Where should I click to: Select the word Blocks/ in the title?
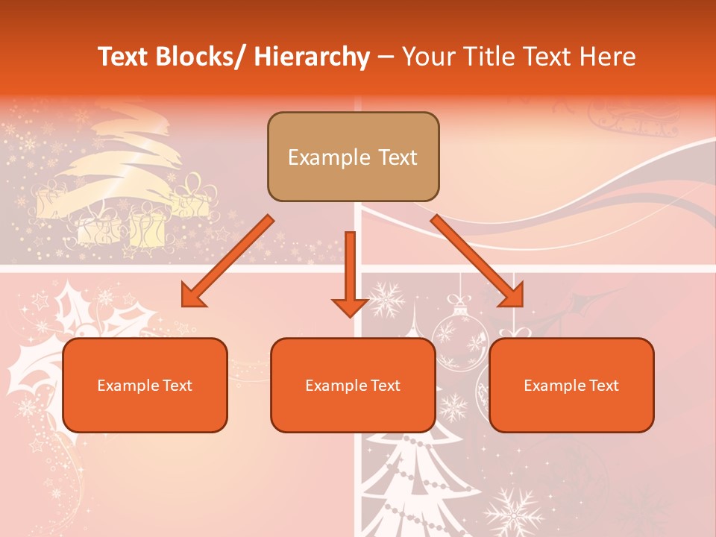(200, 57)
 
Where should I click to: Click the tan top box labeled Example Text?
(353, 157)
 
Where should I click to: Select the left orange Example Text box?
(145, 385)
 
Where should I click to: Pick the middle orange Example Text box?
(353, 385)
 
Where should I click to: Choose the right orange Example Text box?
(571, 385)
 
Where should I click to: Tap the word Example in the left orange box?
(125, 386)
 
